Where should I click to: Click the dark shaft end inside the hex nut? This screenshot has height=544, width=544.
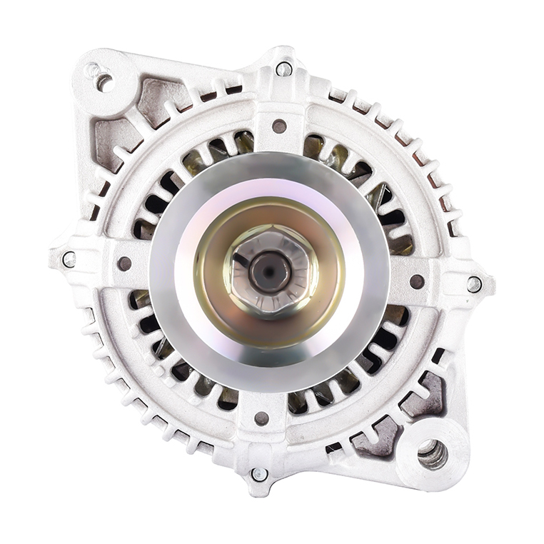[x=270, y=271]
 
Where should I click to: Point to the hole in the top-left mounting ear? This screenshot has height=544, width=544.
[x=104, y=81]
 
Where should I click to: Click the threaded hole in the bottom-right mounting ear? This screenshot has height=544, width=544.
[x=433, y=454]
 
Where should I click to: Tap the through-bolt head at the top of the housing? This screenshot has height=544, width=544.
[x=283, y=69]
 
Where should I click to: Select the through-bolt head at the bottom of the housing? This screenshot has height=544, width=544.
[x=259, y=473]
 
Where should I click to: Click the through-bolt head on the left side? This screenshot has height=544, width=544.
[x=69, y=259]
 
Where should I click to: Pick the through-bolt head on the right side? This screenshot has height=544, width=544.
[x=474, y=283]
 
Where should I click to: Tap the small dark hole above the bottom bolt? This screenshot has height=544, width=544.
[x=262, y=418]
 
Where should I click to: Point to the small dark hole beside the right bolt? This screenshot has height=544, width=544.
[x=417, y=281]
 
